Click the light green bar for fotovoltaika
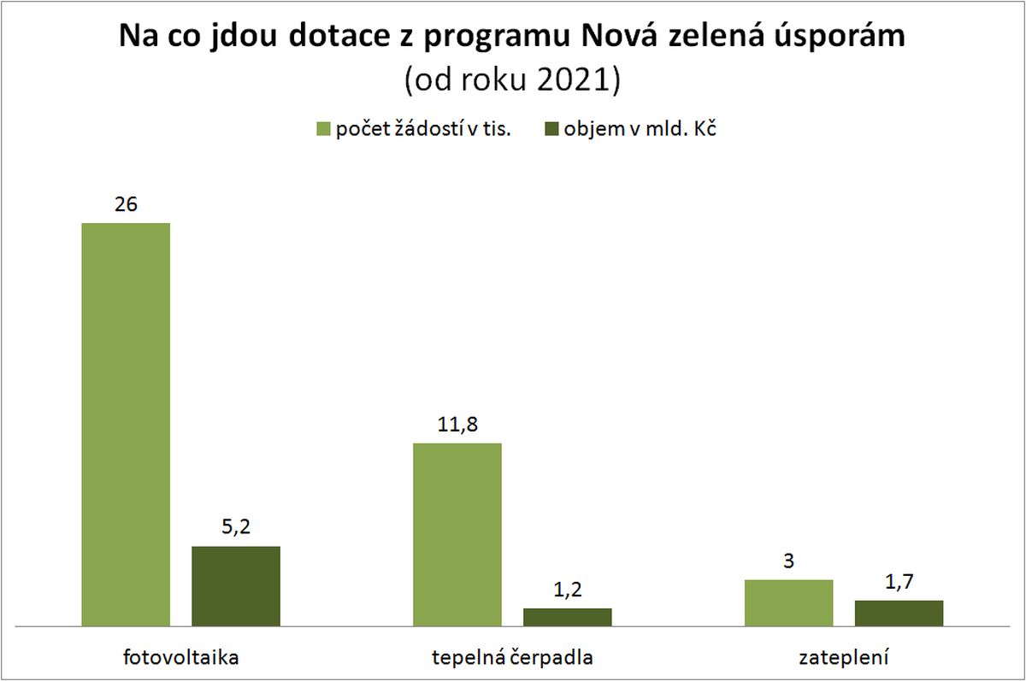coord(126,425)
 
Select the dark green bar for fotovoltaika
coord(236,586)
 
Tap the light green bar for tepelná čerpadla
coord(457,535)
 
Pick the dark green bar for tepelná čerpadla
coord(568,617)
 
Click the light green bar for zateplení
coord(789,603)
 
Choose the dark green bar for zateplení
coord(899,613)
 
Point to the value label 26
coord(126,205)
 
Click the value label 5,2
coord(236,528)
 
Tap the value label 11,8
coord(457,426)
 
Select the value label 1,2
coord(568,590)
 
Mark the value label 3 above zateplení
coord(789,562)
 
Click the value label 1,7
coord(899,583)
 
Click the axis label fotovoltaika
coord(180,658)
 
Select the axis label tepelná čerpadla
coord(512,658)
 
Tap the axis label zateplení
coord(844,658)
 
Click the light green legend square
coord(323,129)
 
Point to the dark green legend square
coord(550,129)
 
